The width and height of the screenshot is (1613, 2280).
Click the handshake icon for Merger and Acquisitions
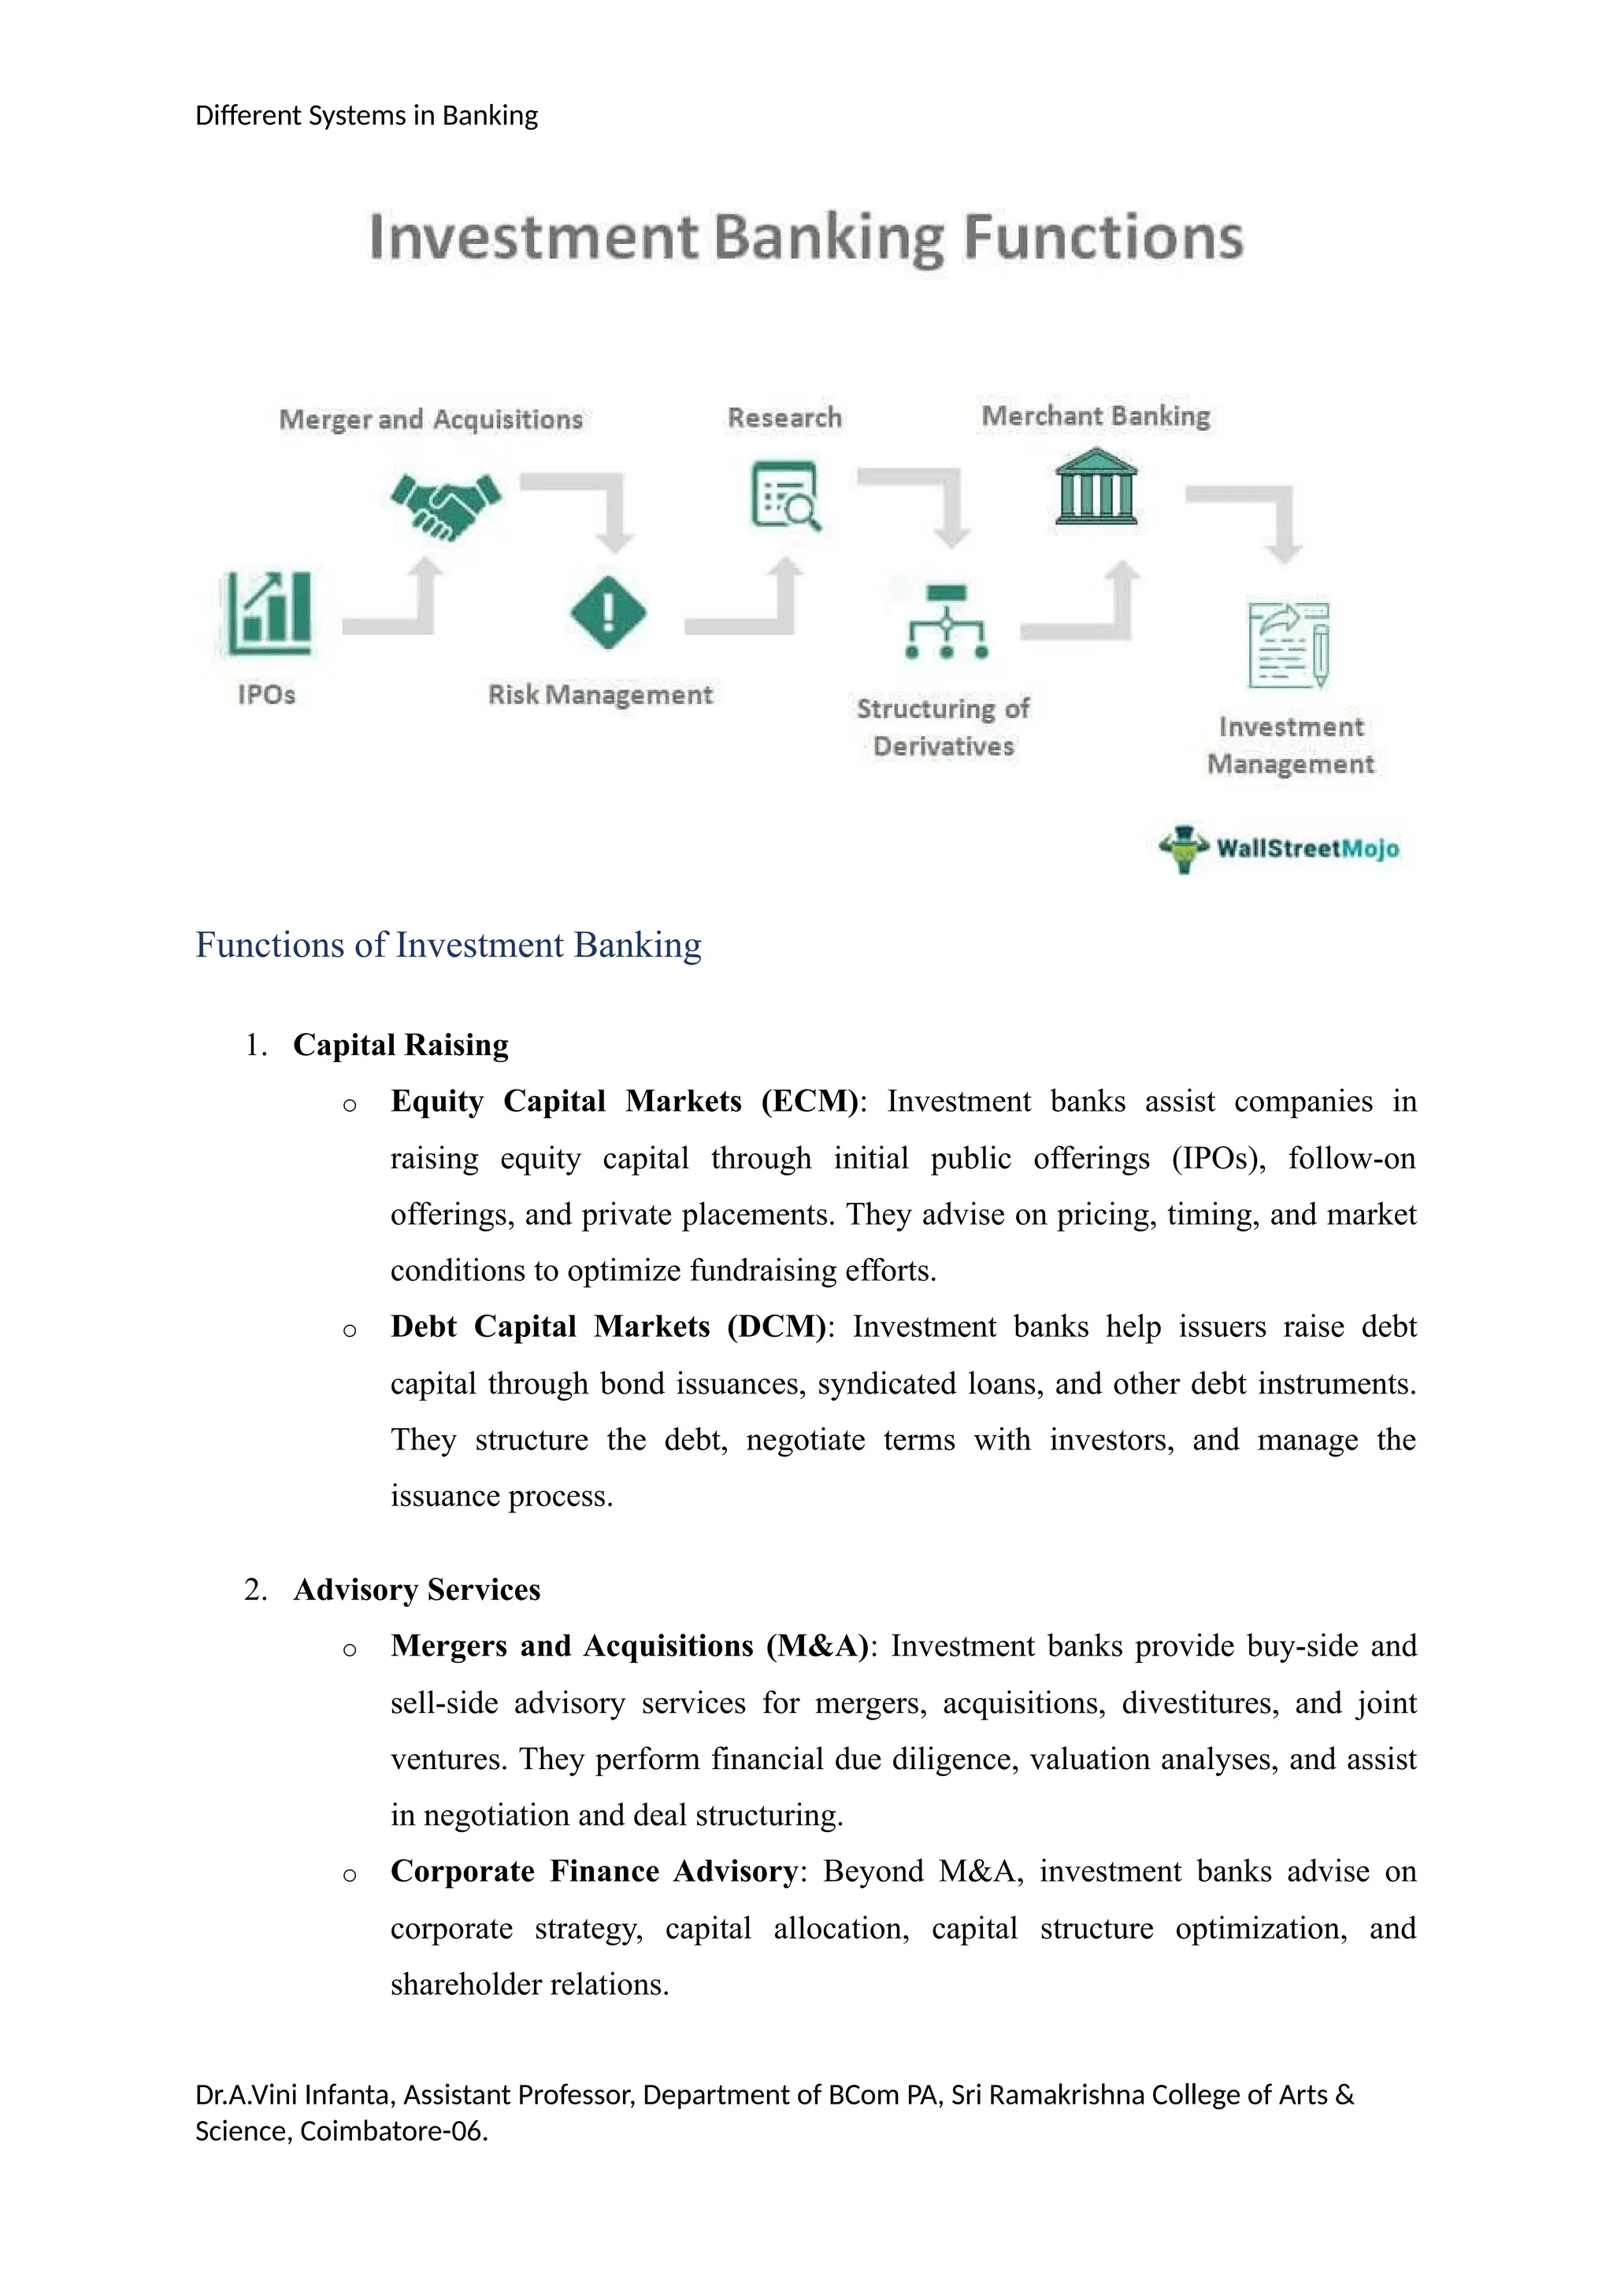click(446, 505)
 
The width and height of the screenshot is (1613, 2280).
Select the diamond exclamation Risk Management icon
click(608, 613)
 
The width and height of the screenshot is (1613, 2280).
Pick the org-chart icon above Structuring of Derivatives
click(947, 623)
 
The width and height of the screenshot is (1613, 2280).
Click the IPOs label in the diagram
click(266, 695)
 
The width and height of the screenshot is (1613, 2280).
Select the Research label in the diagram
click(784, 417)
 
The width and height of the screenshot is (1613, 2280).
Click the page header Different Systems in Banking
click(366, 117)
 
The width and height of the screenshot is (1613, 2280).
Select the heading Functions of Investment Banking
click(448, 945)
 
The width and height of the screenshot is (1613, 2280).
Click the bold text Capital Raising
click(400, 1045)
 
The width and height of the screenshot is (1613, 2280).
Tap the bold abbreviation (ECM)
click(810, 1101)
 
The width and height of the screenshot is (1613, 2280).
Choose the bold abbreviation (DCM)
click(776, 1327)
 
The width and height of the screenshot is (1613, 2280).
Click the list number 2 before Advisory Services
click(254, 1590)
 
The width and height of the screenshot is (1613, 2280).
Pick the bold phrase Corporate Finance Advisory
click(593, 1871)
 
